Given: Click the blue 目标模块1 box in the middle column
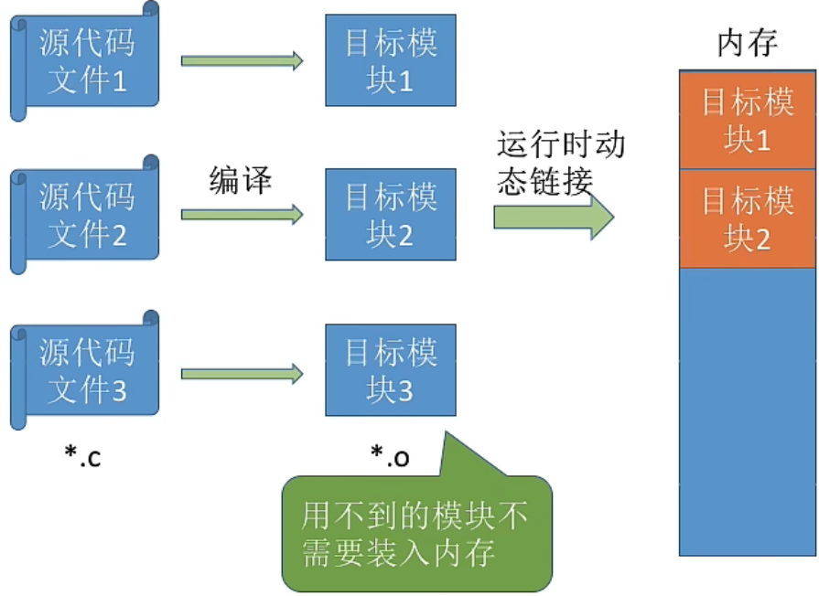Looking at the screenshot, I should [x=391, y=61].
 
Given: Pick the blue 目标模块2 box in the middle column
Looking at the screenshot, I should [x=391, y=215].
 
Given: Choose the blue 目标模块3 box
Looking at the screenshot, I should [x=391, y=370].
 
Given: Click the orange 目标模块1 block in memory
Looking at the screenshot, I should [x=747, y=120].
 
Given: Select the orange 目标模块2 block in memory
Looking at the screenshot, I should [x=747, y=219].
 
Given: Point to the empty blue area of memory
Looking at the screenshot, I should [x=747, y=411].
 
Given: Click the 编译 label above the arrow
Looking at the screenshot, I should [x=241, y=179].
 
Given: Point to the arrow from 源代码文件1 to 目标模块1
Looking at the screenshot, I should [x=242, y=61].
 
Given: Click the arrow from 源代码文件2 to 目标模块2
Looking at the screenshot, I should [x=242, y=215].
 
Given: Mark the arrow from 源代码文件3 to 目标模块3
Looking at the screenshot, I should [x=242, y=373].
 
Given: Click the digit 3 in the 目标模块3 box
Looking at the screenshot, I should [x=404, y=391].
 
